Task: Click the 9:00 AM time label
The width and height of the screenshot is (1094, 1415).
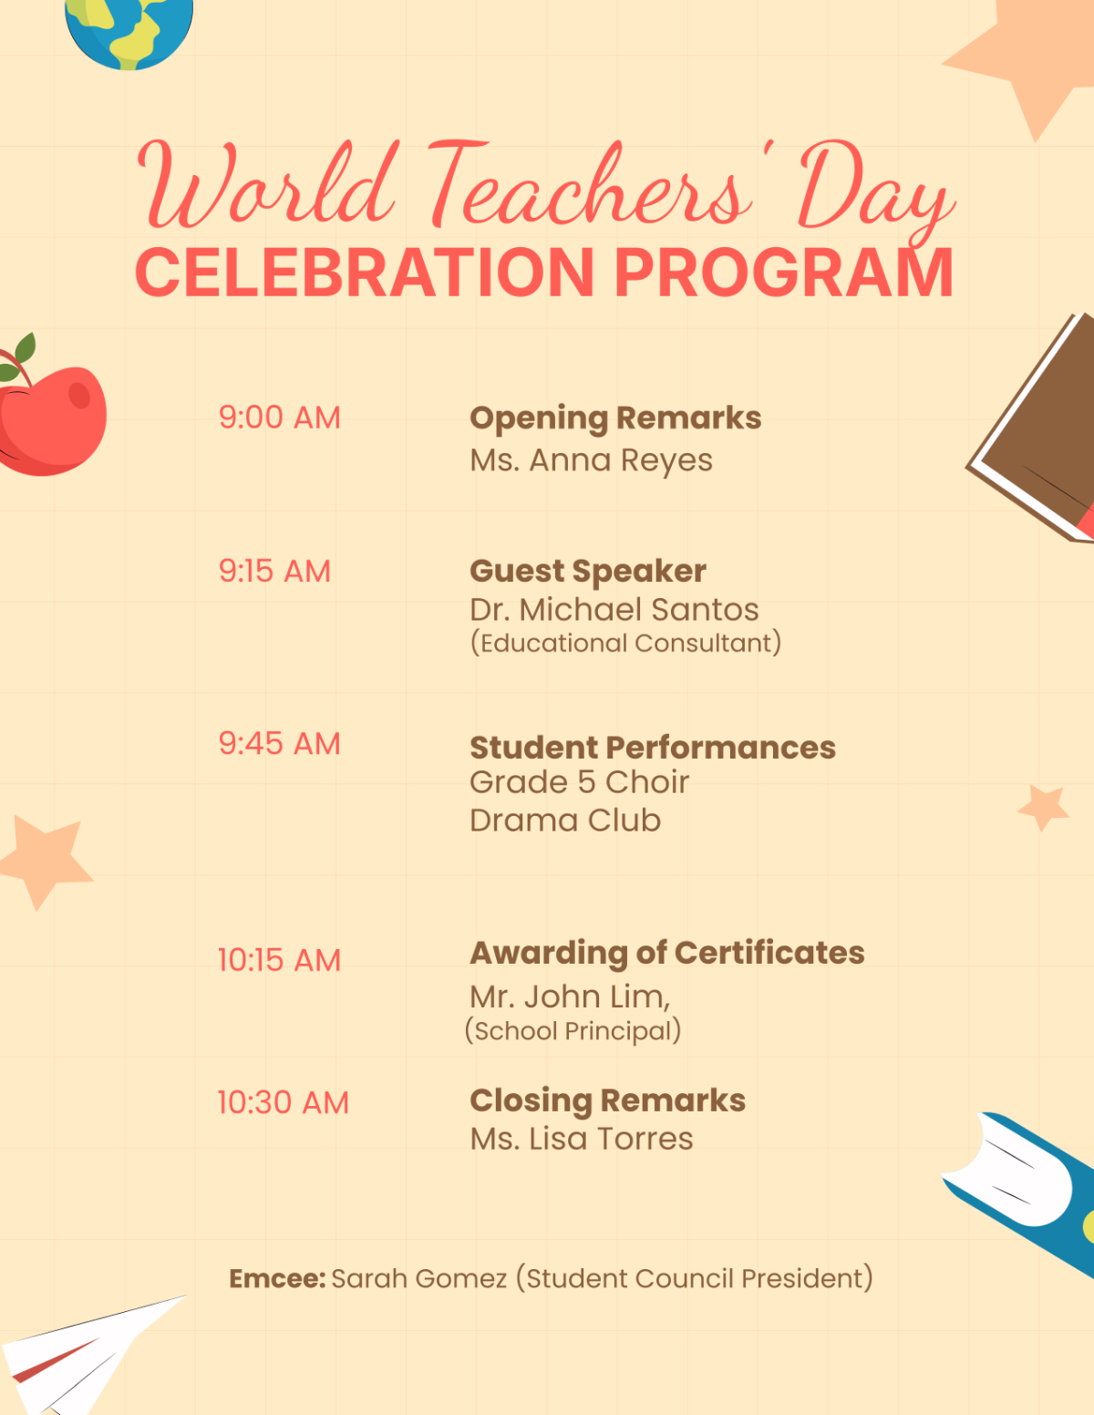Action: (x=279, y=418)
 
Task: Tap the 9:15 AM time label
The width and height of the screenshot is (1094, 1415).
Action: (x=274, y=572)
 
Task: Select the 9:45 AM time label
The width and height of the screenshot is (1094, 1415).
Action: (x=279, y=744)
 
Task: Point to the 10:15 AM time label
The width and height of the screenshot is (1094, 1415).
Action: (x=279, y=960)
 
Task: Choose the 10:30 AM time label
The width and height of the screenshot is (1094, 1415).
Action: (x=283, y=1103)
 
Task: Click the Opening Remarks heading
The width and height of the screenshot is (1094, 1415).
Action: (x=615, y=418)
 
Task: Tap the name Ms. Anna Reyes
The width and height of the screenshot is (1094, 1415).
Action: (x=591, y=460)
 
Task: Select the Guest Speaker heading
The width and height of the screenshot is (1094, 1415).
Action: (x=588, y=572)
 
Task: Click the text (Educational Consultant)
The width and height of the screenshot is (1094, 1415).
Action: (x=625, y=643)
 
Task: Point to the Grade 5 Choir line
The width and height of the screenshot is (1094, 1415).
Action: (x=579, y=782)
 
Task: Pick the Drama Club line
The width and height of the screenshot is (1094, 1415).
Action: (x=565, y=821)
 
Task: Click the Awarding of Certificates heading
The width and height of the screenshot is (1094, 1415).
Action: (x=666, y=953)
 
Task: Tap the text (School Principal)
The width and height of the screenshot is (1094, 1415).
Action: (x=573, y=1030)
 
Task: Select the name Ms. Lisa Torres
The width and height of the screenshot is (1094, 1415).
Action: (x=582, y=1140)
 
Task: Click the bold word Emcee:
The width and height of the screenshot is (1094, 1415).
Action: (x=277, y=1278)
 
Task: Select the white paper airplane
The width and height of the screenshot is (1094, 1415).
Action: (x=82, y=1354)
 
